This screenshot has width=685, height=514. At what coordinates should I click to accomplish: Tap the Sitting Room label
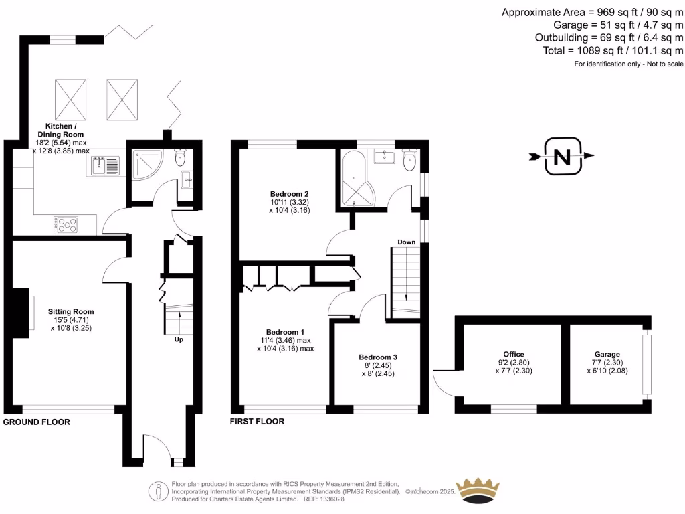[x=70, y=311]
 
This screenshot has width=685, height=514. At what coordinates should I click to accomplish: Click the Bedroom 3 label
[x=378, y=357]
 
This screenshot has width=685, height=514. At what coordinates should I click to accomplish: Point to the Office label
[x=514, y=354]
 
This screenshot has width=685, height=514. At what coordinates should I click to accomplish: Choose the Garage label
[x=607, y=354]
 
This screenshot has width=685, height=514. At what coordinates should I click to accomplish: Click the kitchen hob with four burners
[x=66, y=225]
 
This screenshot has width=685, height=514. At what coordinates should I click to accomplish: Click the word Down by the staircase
[x=406, y=242]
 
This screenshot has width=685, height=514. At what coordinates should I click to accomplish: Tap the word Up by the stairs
[x=179, y=339]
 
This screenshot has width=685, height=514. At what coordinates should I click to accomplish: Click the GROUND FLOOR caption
[x=37, y=422]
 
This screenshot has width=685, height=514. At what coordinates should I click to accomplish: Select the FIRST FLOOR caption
[x=257, y=422]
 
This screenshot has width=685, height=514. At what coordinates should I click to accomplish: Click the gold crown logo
[x=478, y=491]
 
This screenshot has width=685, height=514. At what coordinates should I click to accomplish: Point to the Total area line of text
[x=613, y=51]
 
